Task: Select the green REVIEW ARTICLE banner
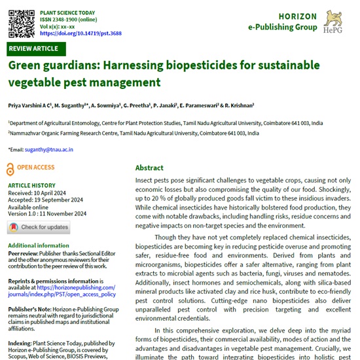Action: point(33,49)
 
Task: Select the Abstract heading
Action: point(149,168)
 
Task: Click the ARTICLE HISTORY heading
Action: point(31,185)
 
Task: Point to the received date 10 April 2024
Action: point(56,193)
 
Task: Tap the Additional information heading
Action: point(39,245)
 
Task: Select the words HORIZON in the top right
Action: point(298,16)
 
